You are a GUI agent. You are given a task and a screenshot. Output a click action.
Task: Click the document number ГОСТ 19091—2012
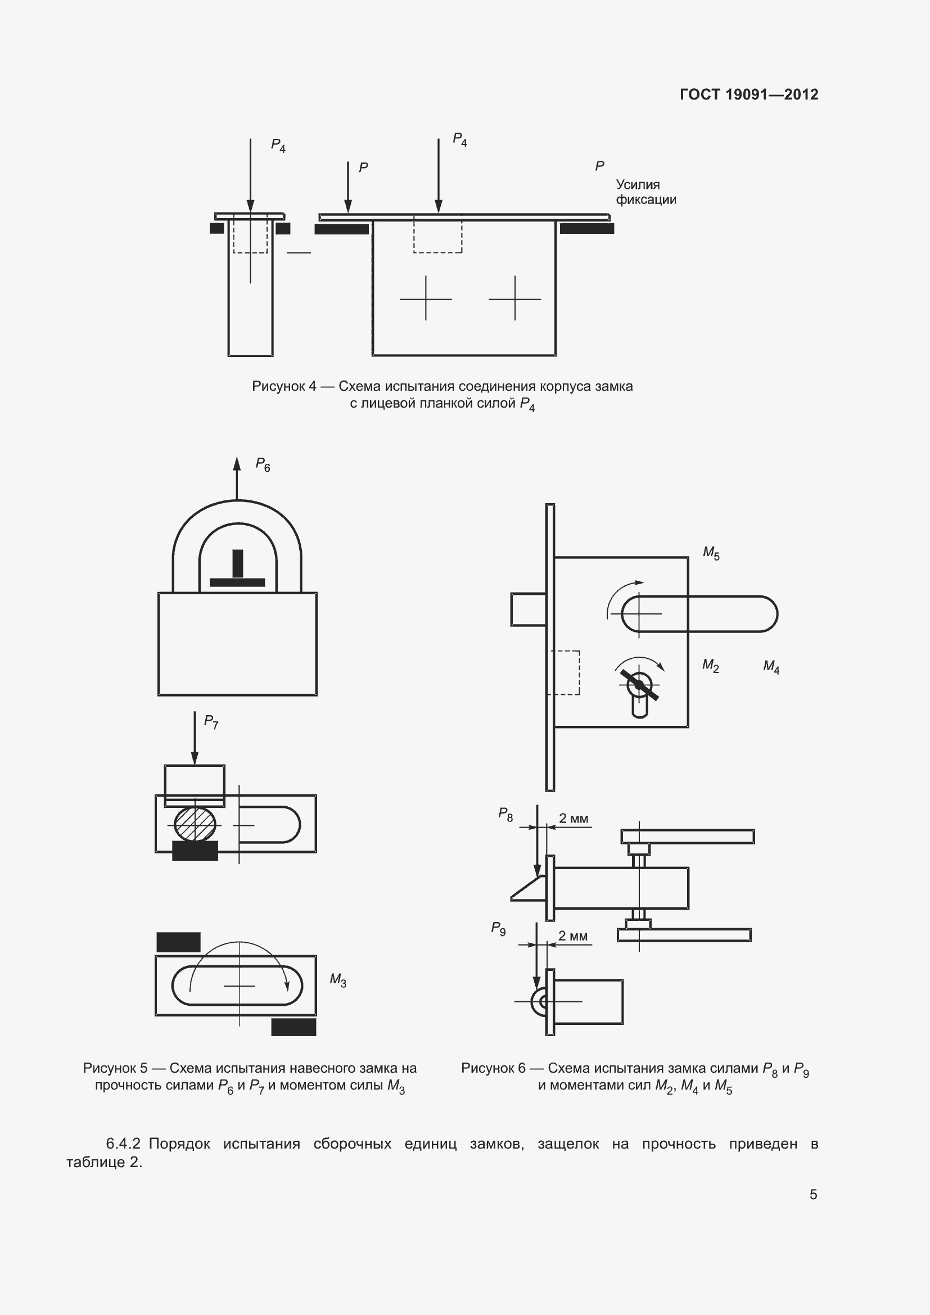[x=749, y=94]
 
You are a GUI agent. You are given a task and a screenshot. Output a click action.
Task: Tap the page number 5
[x=813, y=1194]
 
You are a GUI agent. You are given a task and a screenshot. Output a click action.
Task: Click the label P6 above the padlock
[x=263, y=464]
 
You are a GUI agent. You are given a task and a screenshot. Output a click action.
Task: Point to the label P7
[x=211, y=722]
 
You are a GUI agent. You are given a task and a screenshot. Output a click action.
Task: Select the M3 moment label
[x=338, y=980]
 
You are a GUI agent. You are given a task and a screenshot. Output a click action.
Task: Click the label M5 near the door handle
[x=711, y=553]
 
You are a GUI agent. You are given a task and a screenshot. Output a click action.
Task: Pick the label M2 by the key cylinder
[x=711, y=666]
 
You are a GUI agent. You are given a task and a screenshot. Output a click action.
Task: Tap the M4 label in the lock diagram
[x=771, y=667]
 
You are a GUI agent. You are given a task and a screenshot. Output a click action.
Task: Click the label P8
[x=505, y=814]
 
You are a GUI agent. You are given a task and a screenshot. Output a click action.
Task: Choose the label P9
[x=498, y=928]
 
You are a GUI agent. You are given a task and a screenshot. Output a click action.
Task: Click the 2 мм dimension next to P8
[x=573, y=819]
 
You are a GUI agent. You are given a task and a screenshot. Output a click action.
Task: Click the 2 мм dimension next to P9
[x=572, y=936]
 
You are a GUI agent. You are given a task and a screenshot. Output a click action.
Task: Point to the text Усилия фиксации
[x=646, y=192]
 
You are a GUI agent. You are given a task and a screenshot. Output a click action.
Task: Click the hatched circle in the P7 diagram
[x=195, y=824]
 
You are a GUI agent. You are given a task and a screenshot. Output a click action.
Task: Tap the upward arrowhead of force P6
[x=237, y=463]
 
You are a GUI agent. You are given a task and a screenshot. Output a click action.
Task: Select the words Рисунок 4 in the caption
[x=284, y=386]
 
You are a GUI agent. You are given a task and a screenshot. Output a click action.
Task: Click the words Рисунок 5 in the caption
[x=115, y=1068]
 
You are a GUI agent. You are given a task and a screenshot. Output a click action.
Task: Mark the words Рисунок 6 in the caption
[x=493, y=1068]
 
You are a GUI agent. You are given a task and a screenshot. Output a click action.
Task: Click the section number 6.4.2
[x=123, y=1144]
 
